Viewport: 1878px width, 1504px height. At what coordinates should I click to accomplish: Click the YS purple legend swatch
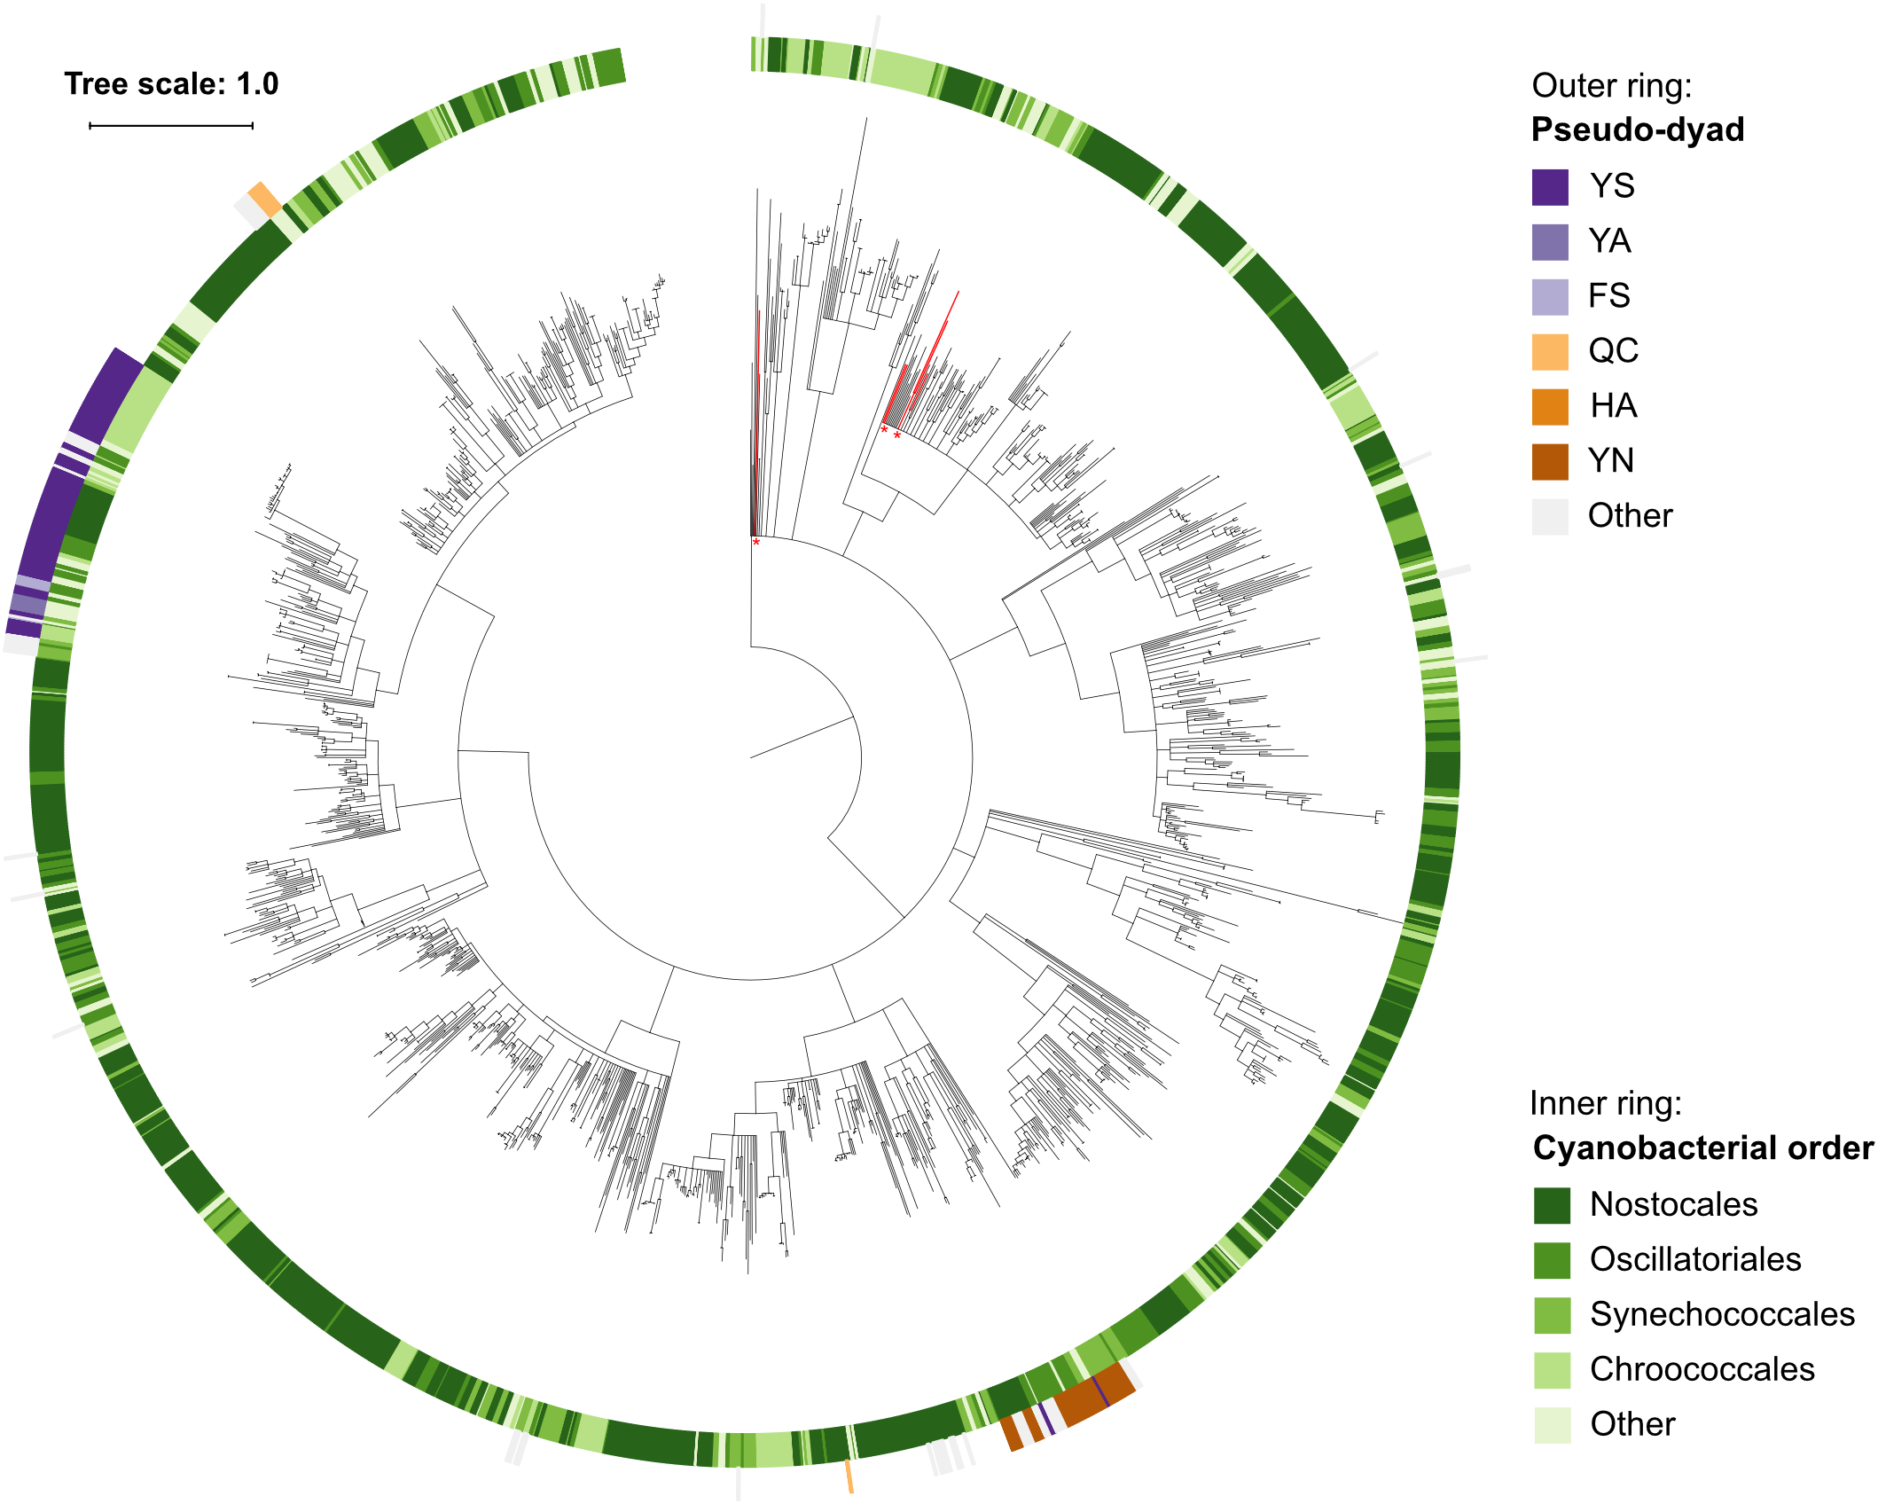1549,187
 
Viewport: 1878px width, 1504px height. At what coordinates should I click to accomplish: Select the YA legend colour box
1549,242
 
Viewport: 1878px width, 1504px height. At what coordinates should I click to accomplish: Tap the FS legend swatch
1549,297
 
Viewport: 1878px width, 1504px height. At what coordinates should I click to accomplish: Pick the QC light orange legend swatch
1549,352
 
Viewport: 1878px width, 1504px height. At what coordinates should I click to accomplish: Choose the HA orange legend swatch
1549,407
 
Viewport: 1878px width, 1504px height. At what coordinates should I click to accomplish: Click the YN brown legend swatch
1549,462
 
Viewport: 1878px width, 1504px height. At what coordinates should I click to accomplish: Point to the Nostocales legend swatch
1552,1205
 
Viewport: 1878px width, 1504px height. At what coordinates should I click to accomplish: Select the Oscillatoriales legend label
1694,1259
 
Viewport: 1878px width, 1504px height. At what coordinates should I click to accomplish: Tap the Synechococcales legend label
1721,1314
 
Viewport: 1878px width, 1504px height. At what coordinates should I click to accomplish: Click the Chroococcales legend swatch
1552,1370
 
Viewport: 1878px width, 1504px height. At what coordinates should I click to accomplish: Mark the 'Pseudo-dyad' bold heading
1637,130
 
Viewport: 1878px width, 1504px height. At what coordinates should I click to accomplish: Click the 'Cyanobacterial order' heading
1702,1148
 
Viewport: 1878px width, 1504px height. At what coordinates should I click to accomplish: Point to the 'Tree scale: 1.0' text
171,84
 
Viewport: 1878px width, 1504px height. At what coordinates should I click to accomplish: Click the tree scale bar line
171,126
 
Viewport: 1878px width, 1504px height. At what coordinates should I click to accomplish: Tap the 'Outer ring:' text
1611,86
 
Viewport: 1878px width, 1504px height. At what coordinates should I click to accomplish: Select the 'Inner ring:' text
1605,1103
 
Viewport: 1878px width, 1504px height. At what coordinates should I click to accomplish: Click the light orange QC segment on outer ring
264,199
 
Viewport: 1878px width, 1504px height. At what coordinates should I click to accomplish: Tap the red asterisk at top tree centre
756,542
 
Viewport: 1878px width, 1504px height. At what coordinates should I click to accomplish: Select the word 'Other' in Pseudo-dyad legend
1630,515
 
